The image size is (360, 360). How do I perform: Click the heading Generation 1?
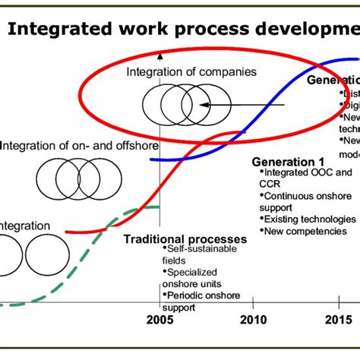click(x=288, y=162)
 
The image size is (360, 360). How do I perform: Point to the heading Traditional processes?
click(x=185, y=239)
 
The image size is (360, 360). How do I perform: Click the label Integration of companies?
click(x=181, y=73)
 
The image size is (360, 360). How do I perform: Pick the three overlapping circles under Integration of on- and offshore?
click(x=68, y=176)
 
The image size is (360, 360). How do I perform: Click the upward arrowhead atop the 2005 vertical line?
click(x=159, y=55)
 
